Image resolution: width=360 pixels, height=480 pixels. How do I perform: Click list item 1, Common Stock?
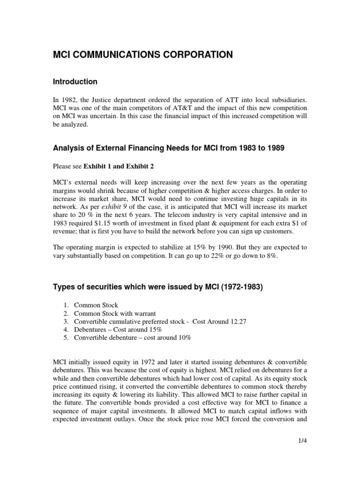[100, 305]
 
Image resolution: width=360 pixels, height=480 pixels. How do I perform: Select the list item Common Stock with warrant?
[117, 313]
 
